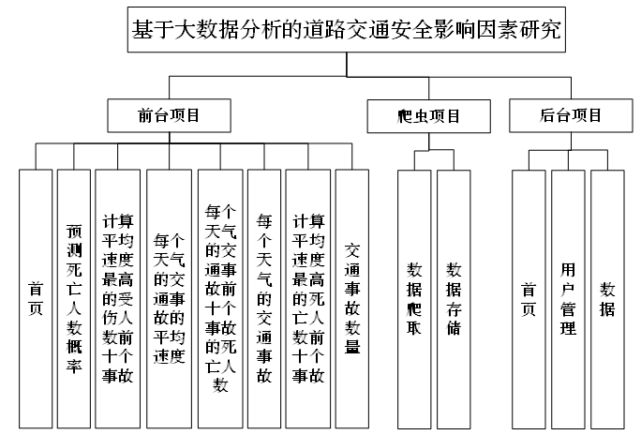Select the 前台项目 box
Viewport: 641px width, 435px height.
[x=169, y=116]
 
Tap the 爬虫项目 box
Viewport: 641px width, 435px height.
[x=427, y=116]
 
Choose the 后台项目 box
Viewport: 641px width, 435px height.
[x=571, y=116]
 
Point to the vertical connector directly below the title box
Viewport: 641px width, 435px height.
[x=346, y=63]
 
